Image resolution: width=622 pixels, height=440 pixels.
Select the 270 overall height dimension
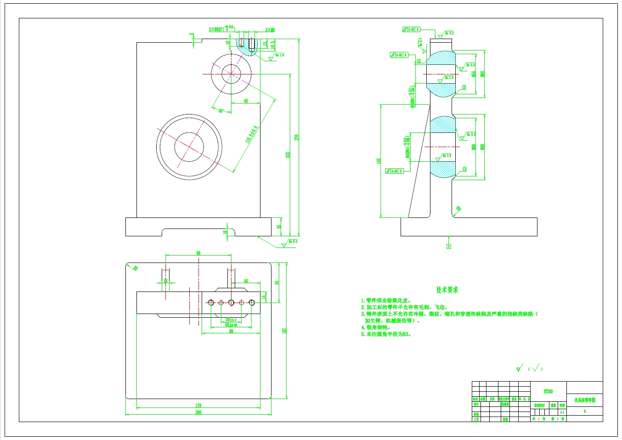click(297, 137)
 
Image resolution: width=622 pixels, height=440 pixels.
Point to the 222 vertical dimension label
click(288, 155)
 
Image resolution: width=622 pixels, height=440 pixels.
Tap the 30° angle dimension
click(221, 111)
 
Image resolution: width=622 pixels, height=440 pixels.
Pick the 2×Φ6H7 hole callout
click(222, 29)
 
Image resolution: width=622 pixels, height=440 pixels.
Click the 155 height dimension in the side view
click(379, 161)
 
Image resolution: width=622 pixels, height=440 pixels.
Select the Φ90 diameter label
click(482, 147)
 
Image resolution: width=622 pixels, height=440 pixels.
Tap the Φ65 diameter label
click(482, 74)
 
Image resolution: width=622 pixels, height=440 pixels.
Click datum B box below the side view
click(449, 246)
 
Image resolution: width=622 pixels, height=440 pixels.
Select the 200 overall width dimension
click(198, 412)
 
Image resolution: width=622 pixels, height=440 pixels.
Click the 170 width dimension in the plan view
click(198, 406)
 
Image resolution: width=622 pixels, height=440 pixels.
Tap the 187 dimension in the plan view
click(284, 331)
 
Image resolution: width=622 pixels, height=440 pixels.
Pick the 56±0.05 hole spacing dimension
click(231, 325)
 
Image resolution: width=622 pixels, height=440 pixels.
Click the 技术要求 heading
click(447, 290)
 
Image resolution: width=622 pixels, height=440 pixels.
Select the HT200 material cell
click(548, 391)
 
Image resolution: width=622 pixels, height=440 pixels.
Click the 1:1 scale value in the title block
click(562, 412)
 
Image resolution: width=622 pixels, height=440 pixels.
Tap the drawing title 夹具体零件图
click(584, 400)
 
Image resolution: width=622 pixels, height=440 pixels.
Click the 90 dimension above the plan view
click(198, 253)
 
